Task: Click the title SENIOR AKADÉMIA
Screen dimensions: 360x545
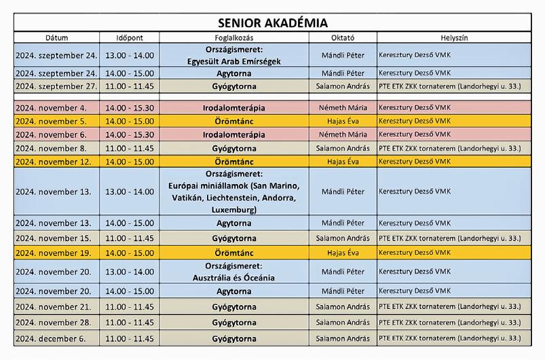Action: pyautogui.click(x=272, y=22)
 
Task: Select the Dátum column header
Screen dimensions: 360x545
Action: pyautogui.click(x=56, y=38)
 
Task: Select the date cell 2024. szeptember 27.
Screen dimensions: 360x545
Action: pyautogui.click(x=56, y=86)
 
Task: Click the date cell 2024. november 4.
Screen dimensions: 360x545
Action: pyautogui.click(x=56, y=108)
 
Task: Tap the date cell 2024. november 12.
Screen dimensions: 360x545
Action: pyautogui.click(x=56, y=162)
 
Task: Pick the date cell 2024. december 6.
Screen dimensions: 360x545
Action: pyautogui.click(x=56, y=338)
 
